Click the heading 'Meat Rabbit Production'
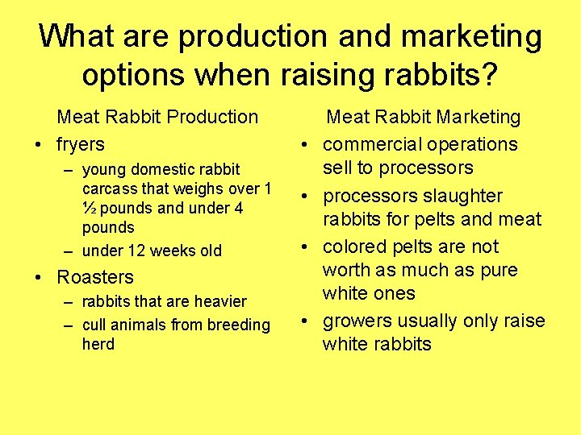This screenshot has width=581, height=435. pos(157,117)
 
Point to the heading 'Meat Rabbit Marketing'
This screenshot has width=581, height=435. pos(424,117)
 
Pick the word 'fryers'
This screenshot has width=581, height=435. pos(81,145)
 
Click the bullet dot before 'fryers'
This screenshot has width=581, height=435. pos(39,146)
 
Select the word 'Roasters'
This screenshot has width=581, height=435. pos(95,277)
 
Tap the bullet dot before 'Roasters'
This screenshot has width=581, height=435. pos(39,278)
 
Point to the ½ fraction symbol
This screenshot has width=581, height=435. pos(89,208)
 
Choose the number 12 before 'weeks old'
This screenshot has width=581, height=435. pos(133,251)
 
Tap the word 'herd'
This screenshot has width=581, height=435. pos(98,344)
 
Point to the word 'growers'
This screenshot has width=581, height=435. pos(356,321)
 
